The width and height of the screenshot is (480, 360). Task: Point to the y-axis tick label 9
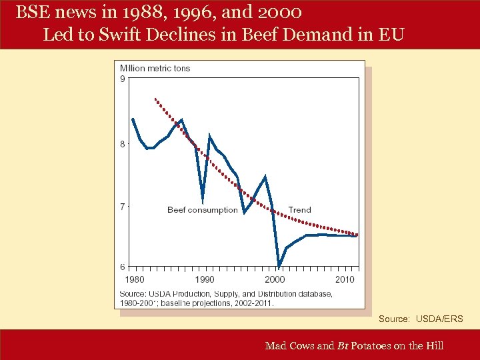[x=122, y=79]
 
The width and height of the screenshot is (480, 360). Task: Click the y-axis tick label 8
[x=122, y=144]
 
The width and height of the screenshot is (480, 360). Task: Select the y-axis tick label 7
[x=122, y=207]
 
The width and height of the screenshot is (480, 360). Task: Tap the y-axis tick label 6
[x=122, y=267]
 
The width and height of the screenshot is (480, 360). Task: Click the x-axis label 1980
[x=135, y=279]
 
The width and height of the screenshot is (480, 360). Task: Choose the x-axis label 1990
[x=205, y=279]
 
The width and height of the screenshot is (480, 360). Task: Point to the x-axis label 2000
[x=275, y=279]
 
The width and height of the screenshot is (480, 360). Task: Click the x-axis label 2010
[x=345, y=279]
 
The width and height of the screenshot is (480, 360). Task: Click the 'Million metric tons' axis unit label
[x=155, y=68]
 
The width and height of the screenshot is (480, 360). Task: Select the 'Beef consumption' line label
[x=202, y=210]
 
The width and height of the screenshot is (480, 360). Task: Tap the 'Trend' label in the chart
[x=299, y=210]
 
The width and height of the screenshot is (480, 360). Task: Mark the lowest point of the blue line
[x=279, y=267]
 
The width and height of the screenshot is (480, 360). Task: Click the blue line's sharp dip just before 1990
[x=203, y=198]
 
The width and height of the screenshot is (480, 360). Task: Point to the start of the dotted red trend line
[x=155, y=99]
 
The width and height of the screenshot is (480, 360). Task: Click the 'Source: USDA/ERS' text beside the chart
[x=420, y=319]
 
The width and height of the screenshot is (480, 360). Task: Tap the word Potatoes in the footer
[x=375, y=345]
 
